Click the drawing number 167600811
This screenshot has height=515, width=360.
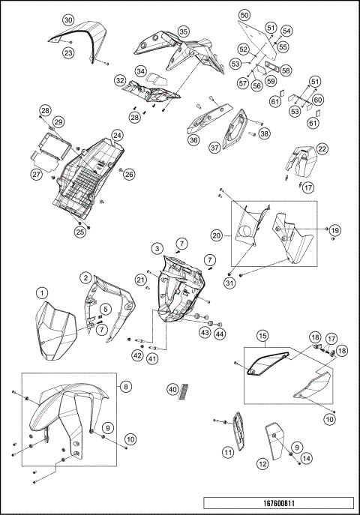[x=278, y=503]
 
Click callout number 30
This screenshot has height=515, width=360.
[x=68, y=20]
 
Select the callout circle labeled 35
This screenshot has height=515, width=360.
[x=183, y=31]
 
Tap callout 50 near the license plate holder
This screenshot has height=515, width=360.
[x=244, y=15]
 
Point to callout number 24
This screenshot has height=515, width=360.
[x=117, y=135]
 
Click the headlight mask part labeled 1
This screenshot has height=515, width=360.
[x=55, y=331]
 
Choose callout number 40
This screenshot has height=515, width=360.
[x=172, y=390]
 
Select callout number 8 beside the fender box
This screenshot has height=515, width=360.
[x=126, y=387]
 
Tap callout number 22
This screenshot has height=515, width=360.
[x=322, y=149]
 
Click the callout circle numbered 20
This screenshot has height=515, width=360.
[x=217, y=235]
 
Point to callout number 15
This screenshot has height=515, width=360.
[x=262, y=336]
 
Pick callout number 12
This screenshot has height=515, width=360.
[x=262, y=464]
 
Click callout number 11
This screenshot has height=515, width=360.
[x=228, y=453]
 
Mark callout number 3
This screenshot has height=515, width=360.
[x=157, y=249]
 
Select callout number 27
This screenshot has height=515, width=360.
[x=37, y=174]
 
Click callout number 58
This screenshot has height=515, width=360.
[x=286, y=70]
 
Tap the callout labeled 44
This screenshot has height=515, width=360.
[x=220, y=334]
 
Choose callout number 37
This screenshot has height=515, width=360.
[x=214, y=148]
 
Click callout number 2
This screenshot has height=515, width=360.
[x=85, y=278]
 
